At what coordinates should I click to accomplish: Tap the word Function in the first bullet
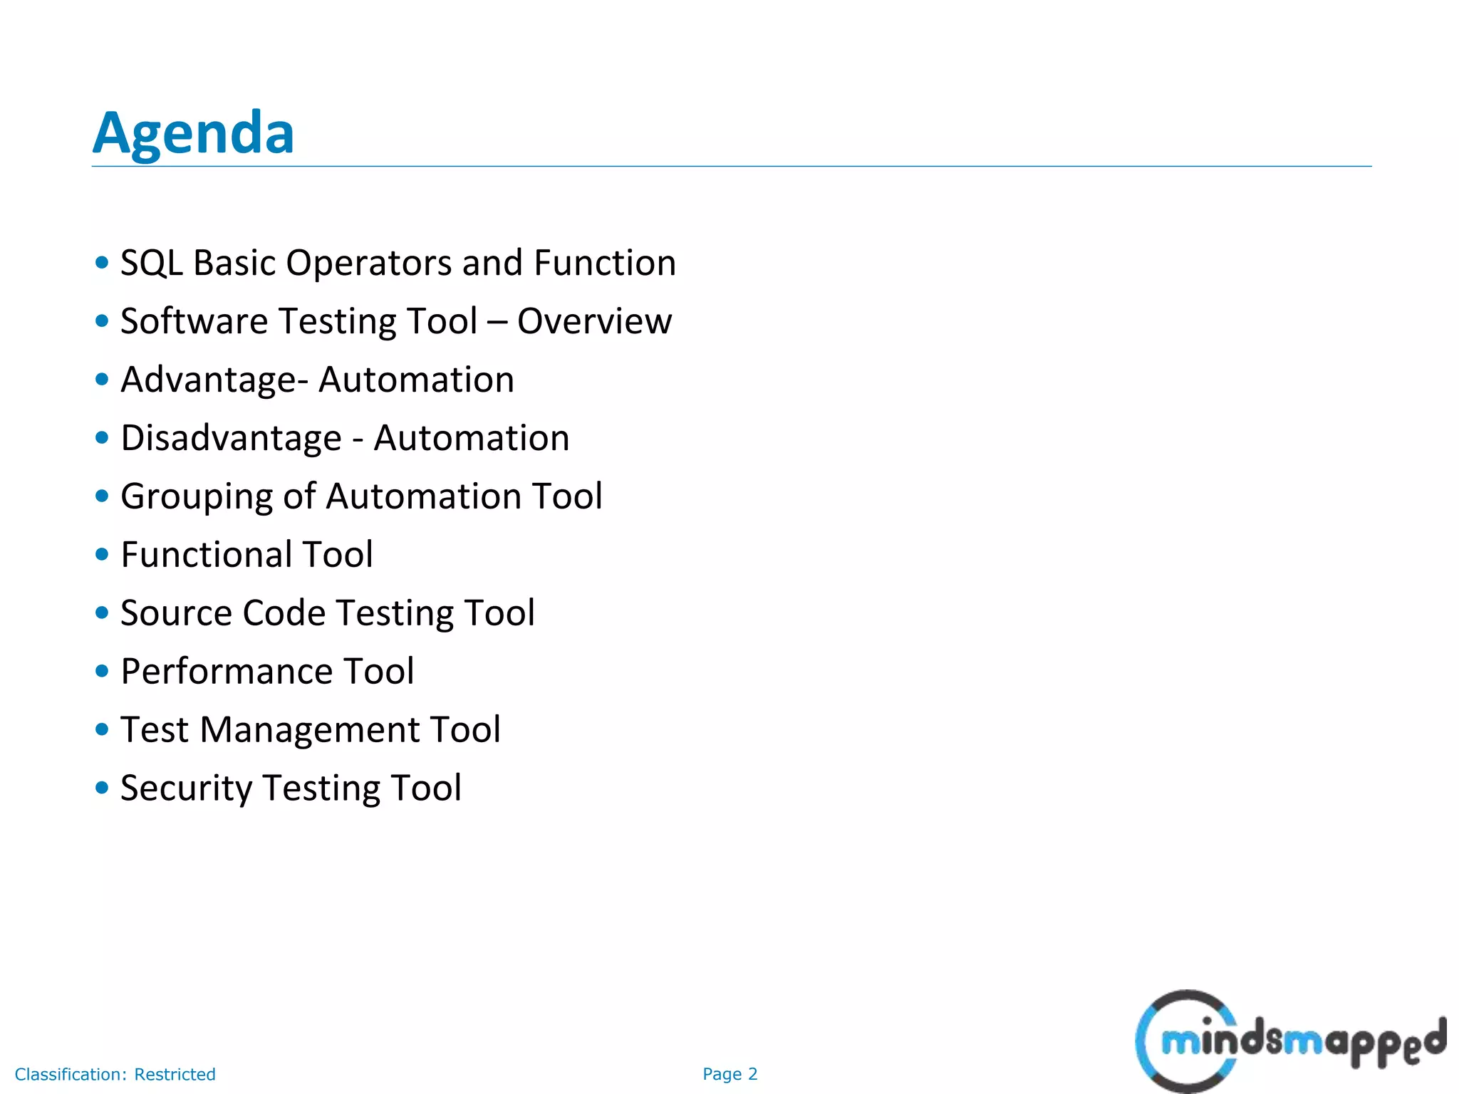tap(605, 263)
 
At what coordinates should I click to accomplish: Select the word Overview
tap(594, 321)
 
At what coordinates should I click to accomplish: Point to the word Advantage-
tap(214, 380)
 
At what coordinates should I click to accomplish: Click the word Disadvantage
tap(231, 438)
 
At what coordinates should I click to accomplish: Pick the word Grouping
tap(197, 497)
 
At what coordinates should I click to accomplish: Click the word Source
tap(176, 613)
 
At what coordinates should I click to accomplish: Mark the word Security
tap(186, 788)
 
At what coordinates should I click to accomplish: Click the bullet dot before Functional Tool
tap(102, 554)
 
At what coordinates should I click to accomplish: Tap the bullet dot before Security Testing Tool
tap(102, 788)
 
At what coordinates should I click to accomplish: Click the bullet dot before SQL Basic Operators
tap(102, 262)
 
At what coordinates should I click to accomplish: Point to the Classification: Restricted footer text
tap(115, 1074)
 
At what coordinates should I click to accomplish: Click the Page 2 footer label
tap(730, 1074)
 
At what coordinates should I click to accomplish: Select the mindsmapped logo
tap(1289, 1041)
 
